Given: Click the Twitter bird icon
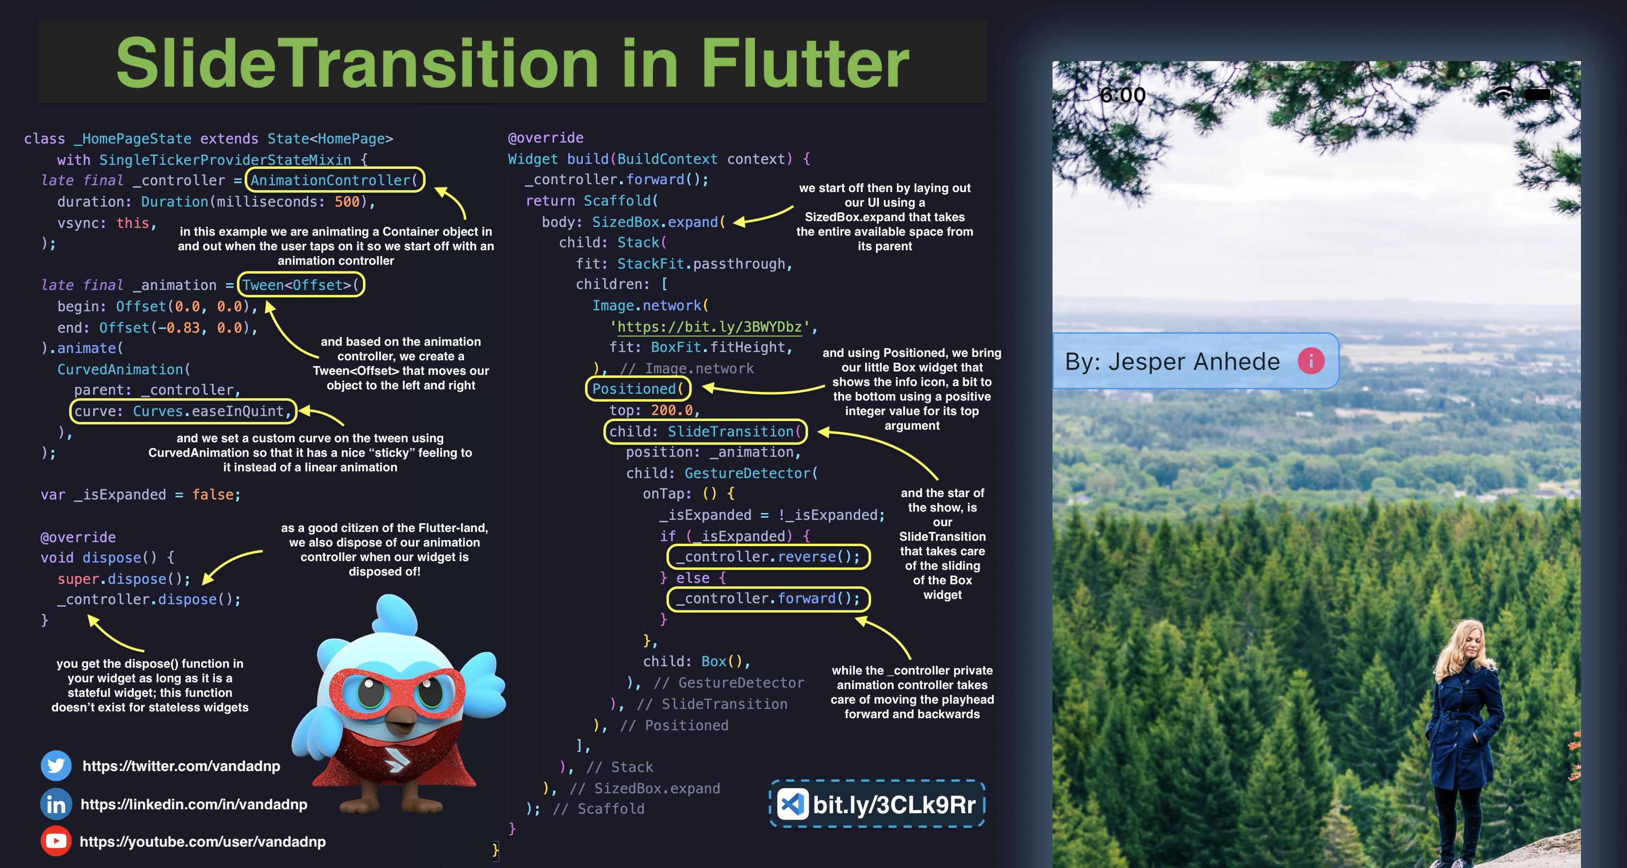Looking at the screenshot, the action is (x=56, y=766).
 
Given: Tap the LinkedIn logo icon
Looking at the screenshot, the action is (x=56, y=804).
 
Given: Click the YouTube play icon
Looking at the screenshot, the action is (x=56, y=841).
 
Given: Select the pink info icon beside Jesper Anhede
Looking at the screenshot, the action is (x=1310, y=361).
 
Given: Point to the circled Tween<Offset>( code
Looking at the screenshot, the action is (x=301, y=285).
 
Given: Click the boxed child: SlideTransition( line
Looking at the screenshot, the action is (x=705, y=432).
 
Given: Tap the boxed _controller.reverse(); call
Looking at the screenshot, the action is (x=768, y=557).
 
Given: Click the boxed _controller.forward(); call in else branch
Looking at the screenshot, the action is (x=768, y=598).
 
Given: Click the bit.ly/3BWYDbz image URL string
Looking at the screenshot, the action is (x=709, y=327).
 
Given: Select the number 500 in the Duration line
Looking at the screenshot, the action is (x=347, y=202).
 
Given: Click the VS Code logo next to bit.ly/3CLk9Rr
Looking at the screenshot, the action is (x=792, y=804).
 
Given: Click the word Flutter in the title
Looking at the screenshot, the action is (x=805, y=63).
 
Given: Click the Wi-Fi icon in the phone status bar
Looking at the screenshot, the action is (x=1503, y=94).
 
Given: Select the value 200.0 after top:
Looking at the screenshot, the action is (x=671, y=410).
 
